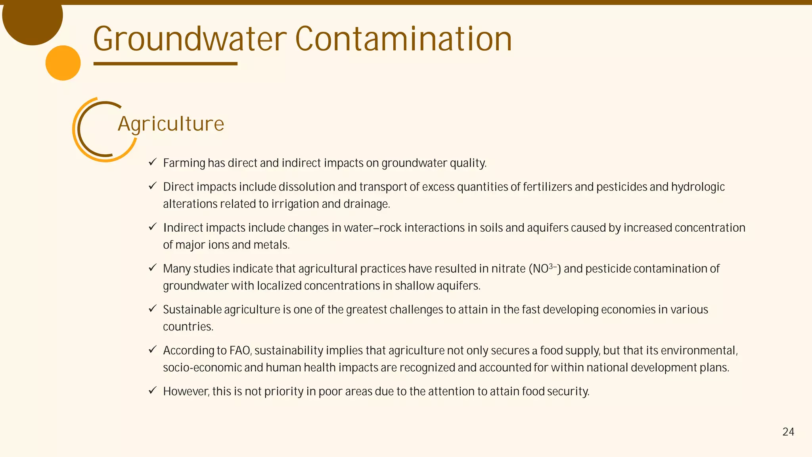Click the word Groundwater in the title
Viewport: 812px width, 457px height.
coord(190,39)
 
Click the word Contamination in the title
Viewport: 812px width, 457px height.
coord(404,39)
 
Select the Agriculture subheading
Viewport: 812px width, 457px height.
coord(171,124)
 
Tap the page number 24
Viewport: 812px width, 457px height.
coord(788,432)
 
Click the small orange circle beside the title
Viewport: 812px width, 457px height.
coord(63,63)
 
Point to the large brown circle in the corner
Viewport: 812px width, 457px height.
coord(33,18)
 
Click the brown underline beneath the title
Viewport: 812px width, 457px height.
coord(165,63)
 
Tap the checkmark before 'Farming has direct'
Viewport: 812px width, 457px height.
coord(153,162)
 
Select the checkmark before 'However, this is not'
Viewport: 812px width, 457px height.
coord(153,391)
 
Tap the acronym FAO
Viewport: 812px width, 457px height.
coord(240,351)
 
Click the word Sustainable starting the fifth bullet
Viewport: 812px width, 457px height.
coord(192,309)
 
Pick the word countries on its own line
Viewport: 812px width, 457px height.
coord(188,327)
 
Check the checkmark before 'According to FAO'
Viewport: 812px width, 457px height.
coord(153,350)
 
